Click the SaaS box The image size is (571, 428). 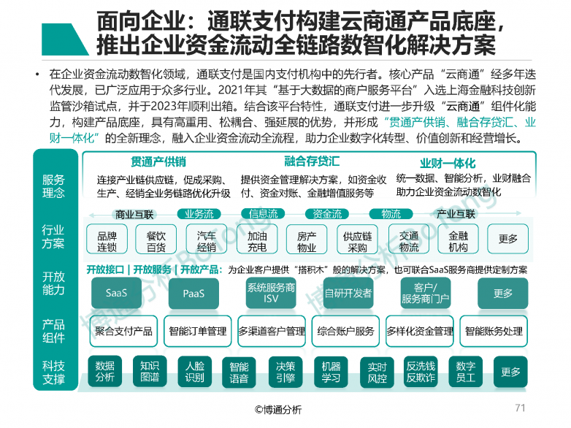coord(116,293)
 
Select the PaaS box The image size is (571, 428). coord(193,293)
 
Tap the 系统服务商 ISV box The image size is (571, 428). coord(271,293)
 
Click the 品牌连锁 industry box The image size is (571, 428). coord(107,239)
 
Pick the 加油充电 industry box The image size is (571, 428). coord(257,239)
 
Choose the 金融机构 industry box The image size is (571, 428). coord(458,239)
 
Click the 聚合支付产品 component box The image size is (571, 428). coord(123,331)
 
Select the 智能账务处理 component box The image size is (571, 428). coord(494,331)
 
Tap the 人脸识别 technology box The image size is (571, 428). coord(194,371)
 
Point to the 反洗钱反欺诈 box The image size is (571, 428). coord(421,371)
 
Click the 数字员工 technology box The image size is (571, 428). coord(466,371)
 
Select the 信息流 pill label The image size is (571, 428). coord(263,214)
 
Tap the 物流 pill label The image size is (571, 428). coord(391,214)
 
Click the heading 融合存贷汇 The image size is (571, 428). coord(312,161)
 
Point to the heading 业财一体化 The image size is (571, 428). coord(448,163)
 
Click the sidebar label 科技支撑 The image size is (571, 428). coord(53,372)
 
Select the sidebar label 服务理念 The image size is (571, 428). coord(53,186)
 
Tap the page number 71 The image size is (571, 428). coord(521,408)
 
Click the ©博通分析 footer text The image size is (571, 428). coord(278,410)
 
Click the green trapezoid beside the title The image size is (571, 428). coord(66,39)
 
